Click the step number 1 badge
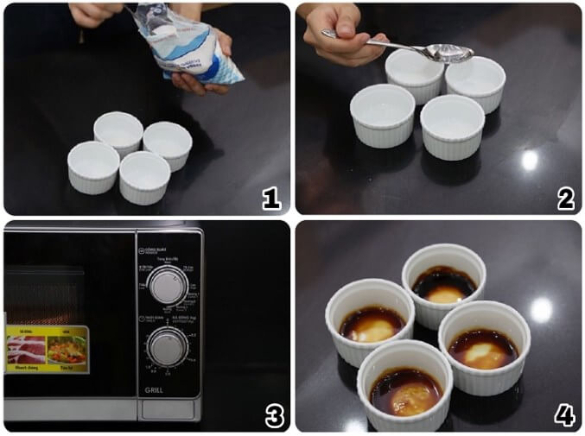pos(271,199)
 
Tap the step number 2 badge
pos(565,199)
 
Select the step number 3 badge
pos(273,416)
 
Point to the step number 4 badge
pos(565,416)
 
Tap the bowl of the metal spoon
pos(449,54)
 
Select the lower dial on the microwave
pos(167,347)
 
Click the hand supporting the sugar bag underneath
pos(194,82)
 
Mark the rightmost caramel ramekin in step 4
pos(484,344)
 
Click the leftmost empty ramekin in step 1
pos(93,166)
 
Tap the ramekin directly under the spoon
pos(415,73)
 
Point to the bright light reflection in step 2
pos(530,160)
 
